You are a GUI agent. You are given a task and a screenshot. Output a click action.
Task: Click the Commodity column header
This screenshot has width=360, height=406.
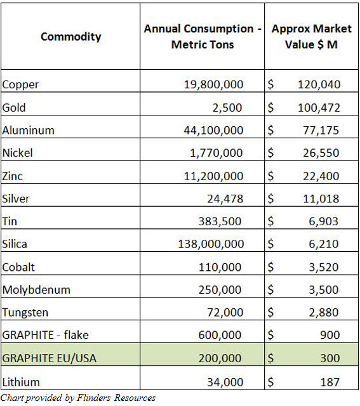tap(70, 37)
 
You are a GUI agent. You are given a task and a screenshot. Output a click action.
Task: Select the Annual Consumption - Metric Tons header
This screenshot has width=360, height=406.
tap(203, 37)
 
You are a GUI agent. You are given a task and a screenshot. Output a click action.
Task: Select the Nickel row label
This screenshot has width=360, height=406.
tap(18, 153)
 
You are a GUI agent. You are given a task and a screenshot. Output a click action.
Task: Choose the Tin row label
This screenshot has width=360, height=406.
tap(10, 221)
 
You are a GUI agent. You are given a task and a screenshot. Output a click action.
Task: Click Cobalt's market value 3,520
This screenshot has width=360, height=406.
tap(322, 267)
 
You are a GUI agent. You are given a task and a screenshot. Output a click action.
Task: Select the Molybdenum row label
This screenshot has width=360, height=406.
tap(36, 290)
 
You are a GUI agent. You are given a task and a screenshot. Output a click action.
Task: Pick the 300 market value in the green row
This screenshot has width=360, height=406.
tap(330, 358)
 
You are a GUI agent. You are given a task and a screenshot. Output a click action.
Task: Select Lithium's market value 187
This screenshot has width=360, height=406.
tap(330, 382)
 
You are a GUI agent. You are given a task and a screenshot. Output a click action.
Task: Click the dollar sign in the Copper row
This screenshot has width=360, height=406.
tap(270, 84)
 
